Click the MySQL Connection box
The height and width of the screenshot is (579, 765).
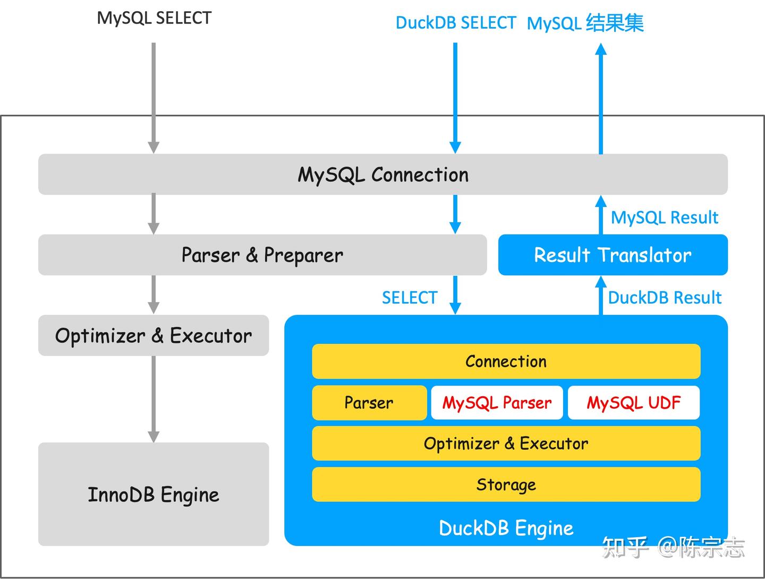coord(382,174)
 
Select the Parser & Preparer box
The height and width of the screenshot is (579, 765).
coord(262,255)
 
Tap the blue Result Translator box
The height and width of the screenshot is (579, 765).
coord(613,255)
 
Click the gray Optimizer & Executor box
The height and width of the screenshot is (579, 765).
coord(154,335)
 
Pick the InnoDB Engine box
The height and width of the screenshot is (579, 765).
coord(154,494)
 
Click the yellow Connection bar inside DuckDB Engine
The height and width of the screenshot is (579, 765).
coord(506,362)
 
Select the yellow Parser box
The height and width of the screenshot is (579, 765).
coord(369,402)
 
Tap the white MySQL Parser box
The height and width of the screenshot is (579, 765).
coord(497,402)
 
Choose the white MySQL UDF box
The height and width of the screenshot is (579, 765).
coord(633,402)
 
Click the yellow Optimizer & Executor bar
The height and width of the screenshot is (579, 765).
coord(506,443)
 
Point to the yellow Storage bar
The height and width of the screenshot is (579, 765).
coord(506,484)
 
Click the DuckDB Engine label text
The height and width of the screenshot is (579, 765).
coord(506,528)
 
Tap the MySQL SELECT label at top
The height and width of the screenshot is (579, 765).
coord(154,18)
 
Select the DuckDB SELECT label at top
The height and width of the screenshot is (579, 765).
coord(455,23)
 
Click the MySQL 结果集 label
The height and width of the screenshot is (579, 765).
coord(585,23)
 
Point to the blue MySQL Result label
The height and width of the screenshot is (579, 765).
coord(664,217)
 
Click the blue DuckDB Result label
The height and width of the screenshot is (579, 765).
coord(664,298)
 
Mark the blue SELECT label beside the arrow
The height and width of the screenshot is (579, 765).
coord(410,298)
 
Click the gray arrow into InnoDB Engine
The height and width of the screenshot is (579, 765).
coord(154,399)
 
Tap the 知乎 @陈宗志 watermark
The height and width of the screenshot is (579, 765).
coord(673,547)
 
